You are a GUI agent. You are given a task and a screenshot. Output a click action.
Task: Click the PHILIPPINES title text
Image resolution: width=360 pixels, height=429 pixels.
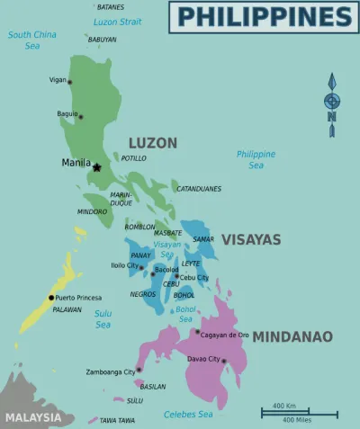point(264,16)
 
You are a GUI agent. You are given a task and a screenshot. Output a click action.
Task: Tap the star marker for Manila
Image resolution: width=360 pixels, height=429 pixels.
point(96,166)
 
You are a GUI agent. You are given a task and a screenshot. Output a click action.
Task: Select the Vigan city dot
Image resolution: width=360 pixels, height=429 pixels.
point(70,82)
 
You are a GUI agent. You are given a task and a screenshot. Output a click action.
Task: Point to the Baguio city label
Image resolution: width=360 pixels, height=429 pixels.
point(67,115)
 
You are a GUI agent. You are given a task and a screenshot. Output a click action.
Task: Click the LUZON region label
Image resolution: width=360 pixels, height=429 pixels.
point(152,143)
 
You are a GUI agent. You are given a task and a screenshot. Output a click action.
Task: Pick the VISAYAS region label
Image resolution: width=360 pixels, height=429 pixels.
point(251,240)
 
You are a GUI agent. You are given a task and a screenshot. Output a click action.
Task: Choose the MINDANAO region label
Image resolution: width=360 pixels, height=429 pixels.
point(292,337)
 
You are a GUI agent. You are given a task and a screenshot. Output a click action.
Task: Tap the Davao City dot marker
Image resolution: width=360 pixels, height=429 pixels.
point(223,362)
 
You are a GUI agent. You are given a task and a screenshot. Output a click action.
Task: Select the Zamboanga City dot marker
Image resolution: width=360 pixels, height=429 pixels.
point(139,370)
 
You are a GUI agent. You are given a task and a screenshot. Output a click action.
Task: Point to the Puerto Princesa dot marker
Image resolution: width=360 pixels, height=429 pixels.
point(51,298)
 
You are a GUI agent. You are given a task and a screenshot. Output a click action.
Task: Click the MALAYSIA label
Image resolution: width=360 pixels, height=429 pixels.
point(32,417)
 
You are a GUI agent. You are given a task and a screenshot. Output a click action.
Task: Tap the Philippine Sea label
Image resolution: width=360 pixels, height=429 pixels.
point(256,160)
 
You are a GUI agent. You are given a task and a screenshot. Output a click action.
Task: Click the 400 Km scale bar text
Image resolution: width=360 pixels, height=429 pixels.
point(284,406)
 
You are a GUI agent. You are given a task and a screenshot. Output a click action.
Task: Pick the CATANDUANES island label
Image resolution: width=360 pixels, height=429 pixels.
point(198,189)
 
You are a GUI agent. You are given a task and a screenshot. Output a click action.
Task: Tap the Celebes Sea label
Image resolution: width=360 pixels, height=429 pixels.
point(188,414)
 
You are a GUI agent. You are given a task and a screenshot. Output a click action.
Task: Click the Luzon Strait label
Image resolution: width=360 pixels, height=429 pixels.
point(118,21)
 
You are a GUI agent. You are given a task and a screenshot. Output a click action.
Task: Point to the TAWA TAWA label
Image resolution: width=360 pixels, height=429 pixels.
point(118,420)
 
